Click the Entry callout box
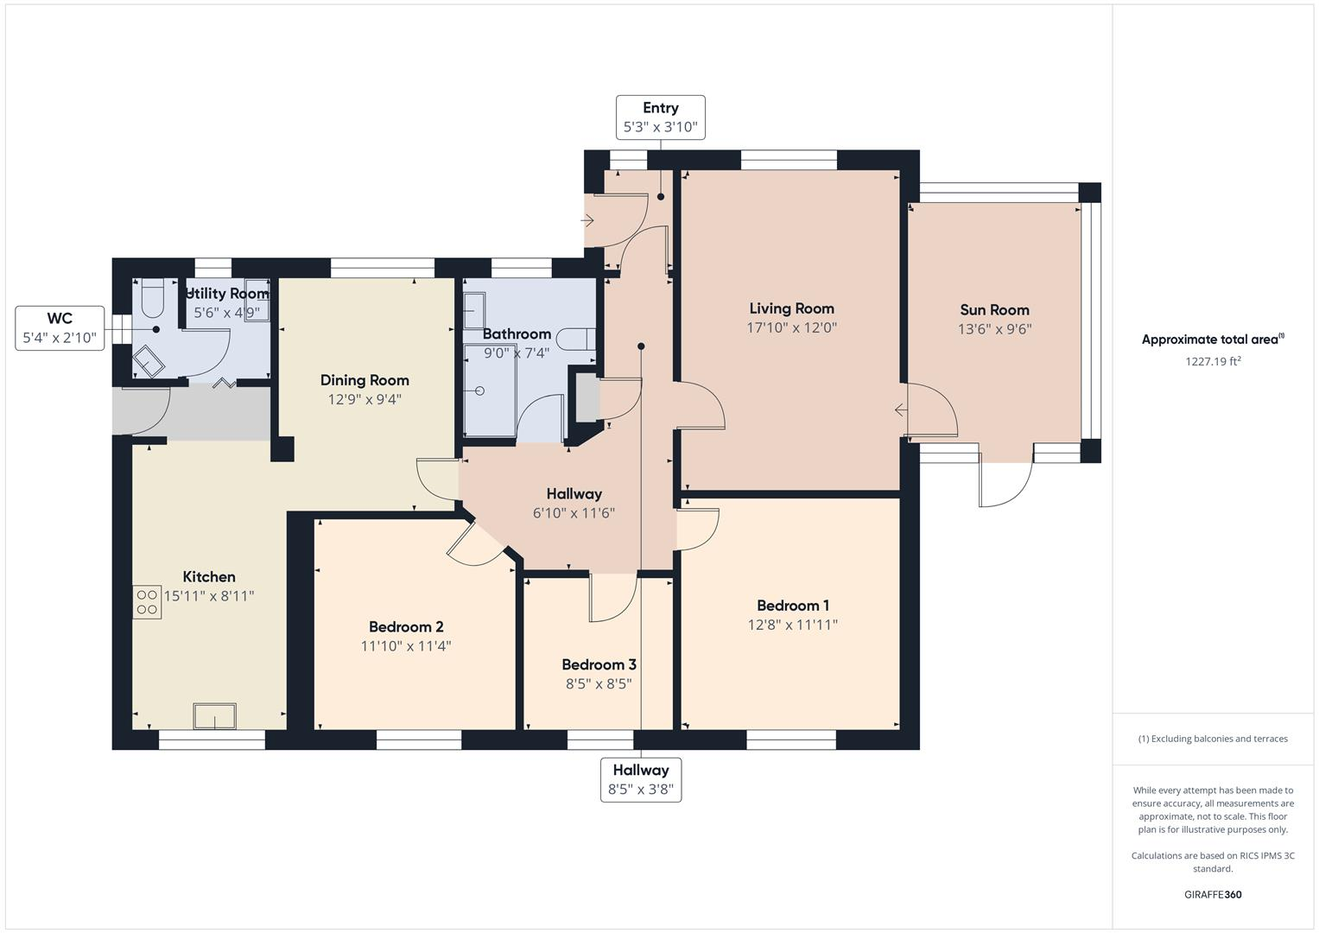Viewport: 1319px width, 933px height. click(660, 117)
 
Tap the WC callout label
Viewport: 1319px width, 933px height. click(60, 327)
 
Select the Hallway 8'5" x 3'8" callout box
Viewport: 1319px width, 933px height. click(641, 779)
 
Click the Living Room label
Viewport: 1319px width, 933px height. click(791, 308)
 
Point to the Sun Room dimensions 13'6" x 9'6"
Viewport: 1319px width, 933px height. click(994, 329)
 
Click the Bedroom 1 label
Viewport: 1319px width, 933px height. click(792, 606)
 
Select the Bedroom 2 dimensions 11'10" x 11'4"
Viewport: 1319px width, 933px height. click(406, 646)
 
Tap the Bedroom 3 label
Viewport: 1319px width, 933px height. click(599, 664)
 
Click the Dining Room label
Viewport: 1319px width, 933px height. click(365, 380)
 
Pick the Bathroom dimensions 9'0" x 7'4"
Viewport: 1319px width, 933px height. click(517, 353)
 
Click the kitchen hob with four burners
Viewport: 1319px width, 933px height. click(147, 602)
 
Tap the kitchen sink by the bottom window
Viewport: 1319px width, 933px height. click(214, 716)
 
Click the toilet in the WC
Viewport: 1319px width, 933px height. click(152, 297)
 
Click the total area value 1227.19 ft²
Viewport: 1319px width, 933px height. click(1213, 362)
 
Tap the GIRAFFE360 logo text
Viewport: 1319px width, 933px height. click(1213, 894)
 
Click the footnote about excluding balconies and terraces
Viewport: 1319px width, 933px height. click(1213, 739)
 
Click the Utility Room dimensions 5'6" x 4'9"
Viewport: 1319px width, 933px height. click(226, 313)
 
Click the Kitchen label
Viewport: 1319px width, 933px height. click(209, 577)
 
